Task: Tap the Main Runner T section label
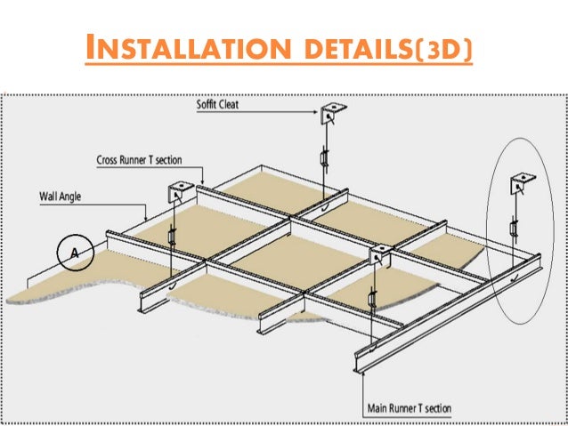click(410, 408)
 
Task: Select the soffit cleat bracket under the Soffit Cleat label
click(335, 113)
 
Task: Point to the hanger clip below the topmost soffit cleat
click(325, 160)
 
